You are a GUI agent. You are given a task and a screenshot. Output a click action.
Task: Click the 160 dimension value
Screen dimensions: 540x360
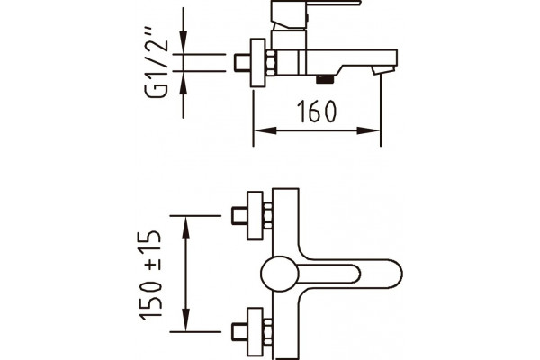point(317,112)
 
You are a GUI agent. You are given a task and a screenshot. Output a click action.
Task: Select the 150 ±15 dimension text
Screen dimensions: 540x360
point(150,275)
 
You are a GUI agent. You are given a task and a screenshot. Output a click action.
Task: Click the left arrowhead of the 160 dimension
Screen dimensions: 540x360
point(265,130)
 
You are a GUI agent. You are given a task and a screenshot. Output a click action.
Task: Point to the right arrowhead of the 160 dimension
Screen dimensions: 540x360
point(368,130)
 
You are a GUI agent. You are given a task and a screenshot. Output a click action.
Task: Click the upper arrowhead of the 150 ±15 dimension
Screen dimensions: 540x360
point(186,228)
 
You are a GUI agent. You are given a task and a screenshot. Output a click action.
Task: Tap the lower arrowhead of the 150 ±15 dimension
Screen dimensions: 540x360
point(186,320)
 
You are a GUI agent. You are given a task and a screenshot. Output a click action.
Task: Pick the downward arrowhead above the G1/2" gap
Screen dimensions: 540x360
point(184,42)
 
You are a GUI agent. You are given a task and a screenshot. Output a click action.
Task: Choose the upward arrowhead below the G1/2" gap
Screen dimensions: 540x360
point(184,83)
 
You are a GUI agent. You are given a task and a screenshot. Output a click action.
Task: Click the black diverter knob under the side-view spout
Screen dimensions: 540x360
point(325,79)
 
